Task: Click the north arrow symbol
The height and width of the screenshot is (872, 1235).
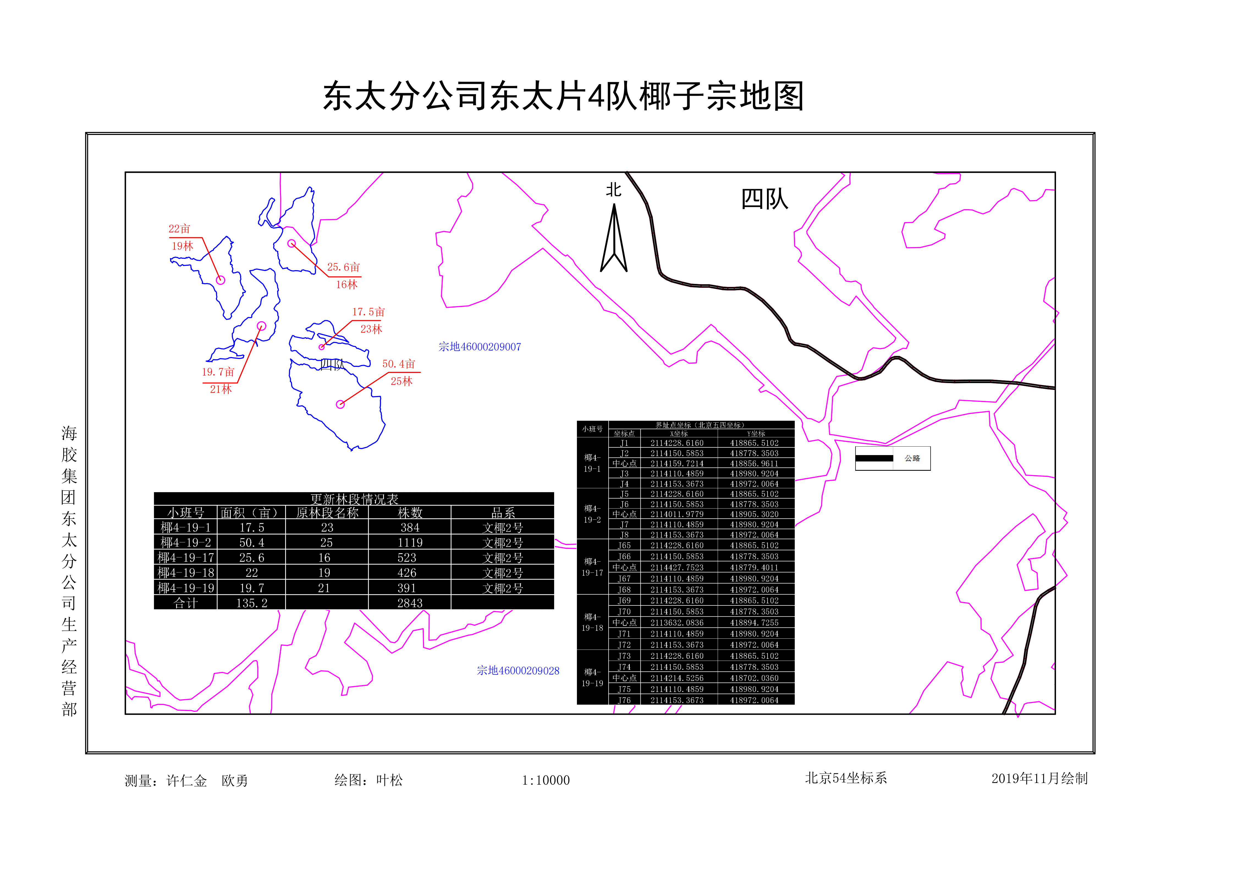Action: click(614, 239)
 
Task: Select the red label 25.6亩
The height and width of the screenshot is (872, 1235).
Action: click(343, 267)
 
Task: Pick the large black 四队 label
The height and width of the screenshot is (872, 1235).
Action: click(764, 200)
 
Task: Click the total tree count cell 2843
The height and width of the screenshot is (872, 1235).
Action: click(410, 603)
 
